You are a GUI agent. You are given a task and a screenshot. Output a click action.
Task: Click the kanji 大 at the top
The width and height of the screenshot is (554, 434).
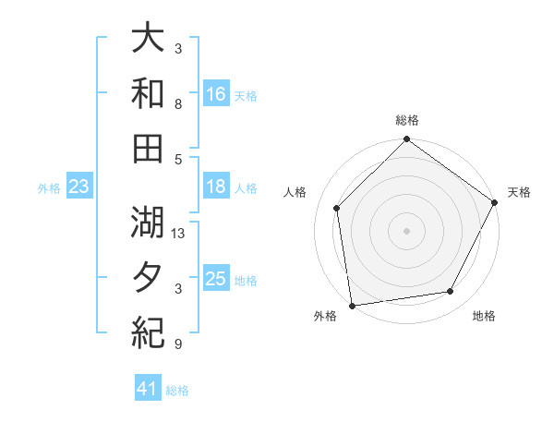click(148, 40)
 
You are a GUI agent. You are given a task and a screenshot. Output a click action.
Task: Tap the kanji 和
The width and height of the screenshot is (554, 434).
click(148, 93)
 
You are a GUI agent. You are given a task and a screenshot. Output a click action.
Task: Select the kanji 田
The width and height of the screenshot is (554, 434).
click(148, 147)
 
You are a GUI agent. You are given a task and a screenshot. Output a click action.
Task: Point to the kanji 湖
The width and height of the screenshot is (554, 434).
click(148, 222)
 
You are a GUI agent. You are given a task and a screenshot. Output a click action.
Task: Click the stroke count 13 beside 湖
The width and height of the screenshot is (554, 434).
click(179, 234)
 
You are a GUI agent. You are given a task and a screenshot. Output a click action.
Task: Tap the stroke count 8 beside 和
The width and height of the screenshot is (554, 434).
click(178, 104)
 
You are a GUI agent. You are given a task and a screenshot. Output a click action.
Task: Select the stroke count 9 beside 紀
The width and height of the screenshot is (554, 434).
click(178, 344)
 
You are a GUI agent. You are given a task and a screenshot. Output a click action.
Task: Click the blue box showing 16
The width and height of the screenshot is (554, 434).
click(216, 94)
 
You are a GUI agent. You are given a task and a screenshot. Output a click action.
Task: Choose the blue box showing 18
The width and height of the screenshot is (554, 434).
click(216, 187)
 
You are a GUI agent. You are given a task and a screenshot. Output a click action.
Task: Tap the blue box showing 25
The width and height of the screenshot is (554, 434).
click(216, 279)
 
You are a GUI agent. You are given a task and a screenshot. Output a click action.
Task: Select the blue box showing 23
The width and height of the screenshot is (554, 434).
click(78, 187)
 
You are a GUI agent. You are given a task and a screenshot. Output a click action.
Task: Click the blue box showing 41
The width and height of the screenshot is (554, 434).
click(148, 390)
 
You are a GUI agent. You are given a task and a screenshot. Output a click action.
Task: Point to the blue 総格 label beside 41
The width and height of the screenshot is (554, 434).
click(177, 391)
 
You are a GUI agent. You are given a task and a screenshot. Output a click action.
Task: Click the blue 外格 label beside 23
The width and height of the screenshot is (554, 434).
click(49, 187)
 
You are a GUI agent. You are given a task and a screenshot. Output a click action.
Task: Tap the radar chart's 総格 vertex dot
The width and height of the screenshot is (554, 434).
click(406, 140)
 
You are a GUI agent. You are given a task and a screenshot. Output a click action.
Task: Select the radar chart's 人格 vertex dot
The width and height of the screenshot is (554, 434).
click(337, 208)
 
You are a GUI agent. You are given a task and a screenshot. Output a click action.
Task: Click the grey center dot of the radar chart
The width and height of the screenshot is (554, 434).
click(406, 230)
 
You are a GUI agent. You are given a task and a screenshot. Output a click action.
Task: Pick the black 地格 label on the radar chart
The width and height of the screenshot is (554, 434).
click(484, 317)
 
